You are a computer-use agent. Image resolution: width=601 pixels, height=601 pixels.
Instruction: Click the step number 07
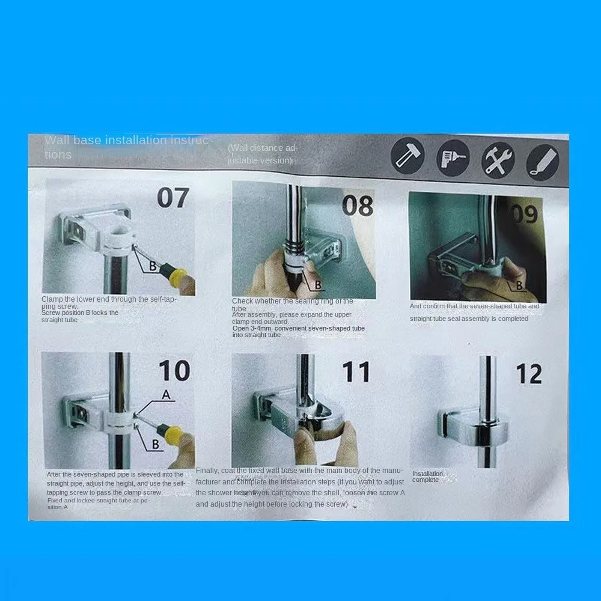tap(172, 198)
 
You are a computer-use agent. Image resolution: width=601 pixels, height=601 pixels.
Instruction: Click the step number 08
tap(358, 206)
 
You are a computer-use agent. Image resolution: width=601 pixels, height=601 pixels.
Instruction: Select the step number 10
tap(174, 371)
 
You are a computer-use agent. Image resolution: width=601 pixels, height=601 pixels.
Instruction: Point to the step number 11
tap(356, 372)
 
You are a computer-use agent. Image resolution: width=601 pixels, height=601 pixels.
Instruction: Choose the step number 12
tap(529, 374)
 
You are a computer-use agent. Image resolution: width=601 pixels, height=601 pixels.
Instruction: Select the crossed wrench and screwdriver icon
tap(498, 160)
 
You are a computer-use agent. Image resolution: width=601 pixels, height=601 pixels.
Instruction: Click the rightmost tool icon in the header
tap(543, 162)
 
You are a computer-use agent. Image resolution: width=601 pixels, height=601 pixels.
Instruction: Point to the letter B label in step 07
tap(153, 266)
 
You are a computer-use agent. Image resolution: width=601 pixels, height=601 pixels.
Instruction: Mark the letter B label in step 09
tap(518, 286)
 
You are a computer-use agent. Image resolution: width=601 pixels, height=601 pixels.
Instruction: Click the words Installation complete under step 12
tap(427, 477)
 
